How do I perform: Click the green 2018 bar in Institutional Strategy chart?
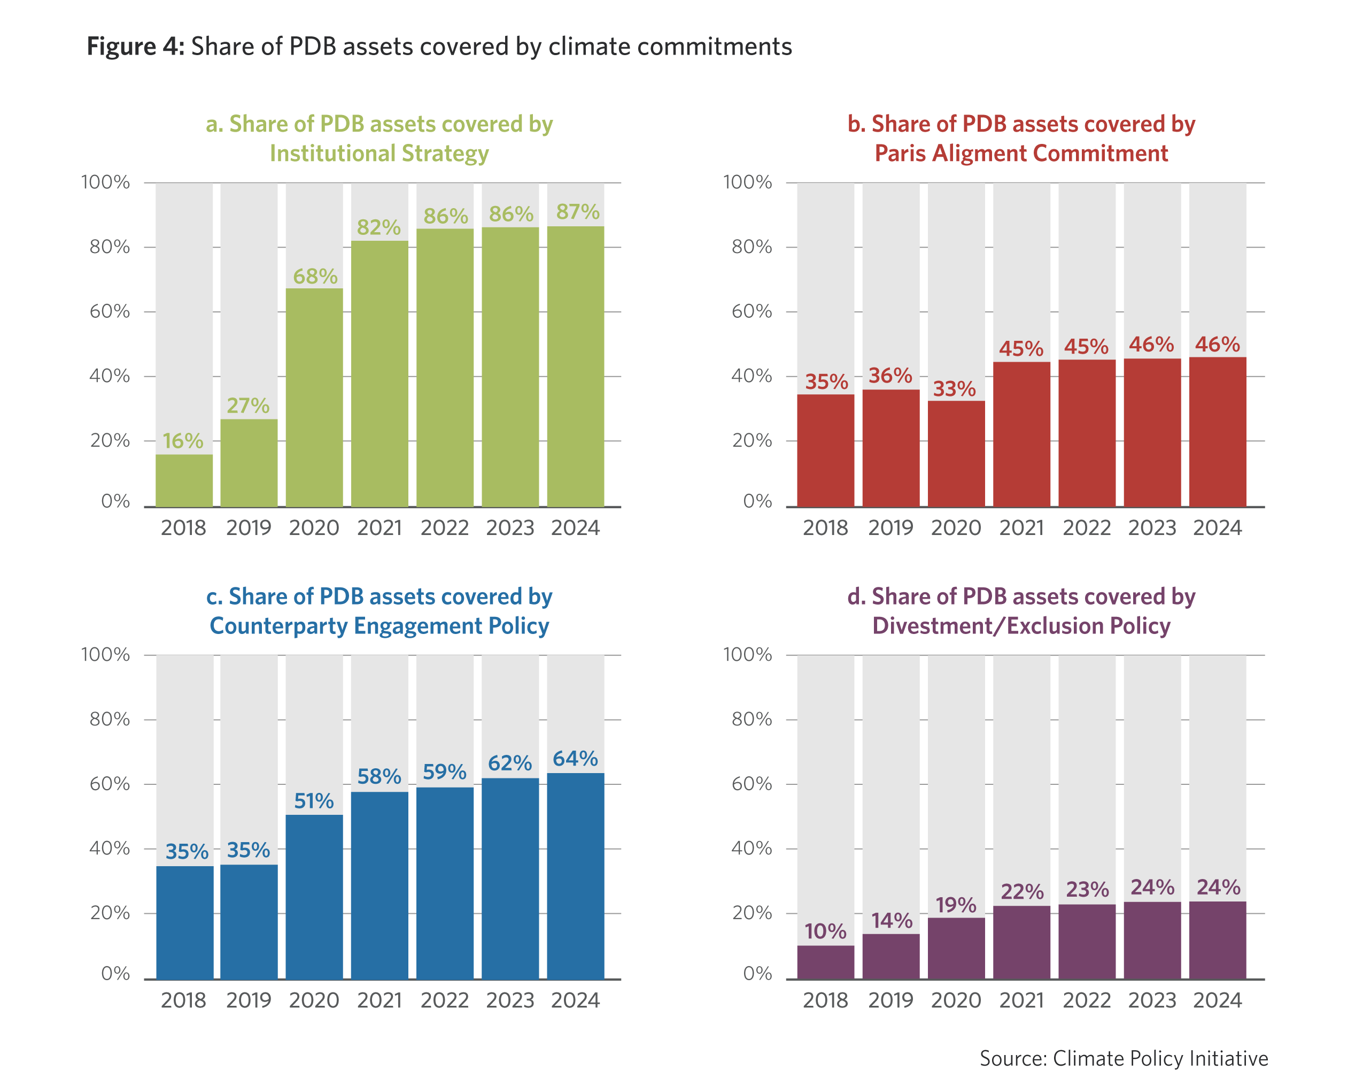click(184, 480)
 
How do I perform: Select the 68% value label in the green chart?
click(315, 277)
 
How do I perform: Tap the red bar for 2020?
click(956, 453)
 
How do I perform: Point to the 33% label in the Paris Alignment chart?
click(954, 388)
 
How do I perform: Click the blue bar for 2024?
click(575, 876)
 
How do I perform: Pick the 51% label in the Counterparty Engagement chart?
click(314, 801)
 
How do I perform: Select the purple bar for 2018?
click(825, 962)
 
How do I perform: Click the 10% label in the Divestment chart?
click(825, 931)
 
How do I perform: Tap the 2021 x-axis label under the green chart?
click(380, 528)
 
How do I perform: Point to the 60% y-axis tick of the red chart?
click(752, 311)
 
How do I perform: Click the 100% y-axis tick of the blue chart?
click(106, 654)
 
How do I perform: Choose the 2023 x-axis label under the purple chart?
click(1152, 1000)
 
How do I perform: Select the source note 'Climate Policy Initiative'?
click(1160, 1058)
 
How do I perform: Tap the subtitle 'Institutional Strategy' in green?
click(380, 154)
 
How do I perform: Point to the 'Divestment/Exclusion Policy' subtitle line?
click(1021, 625)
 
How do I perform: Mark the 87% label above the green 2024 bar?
click(577, 212)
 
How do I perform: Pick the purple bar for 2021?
click(1021, 943)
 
